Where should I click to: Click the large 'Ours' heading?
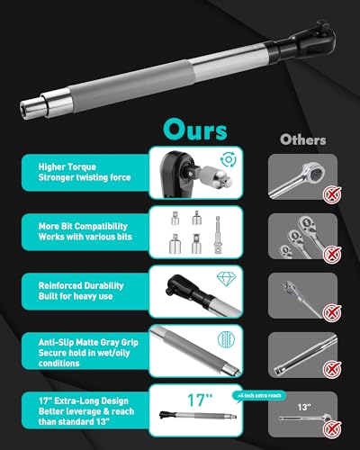click(195, 130)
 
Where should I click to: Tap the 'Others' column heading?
click(302, 139)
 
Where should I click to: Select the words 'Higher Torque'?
click(67, 167)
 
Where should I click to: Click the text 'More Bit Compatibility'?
click(83, 226)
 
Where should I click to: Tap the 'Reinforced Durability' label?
click(81, 285)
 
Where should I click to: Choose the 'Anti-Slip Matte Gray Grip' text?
click(88, 342)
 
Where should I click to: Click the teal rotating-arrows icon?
click(229, 159)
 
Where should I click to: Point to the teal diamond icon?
click(227, 279)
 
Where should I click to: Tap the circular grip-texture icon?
click(227, 339)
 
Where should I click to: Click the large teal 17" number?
click(200, 400)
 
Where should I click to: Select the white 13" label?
click(304, 407)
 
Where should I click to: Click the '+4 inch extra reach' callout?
click(259, 396)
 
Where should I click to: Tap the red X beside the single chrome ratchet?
click(331, 194)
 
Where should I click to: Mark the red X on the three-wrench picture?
click(331, 255)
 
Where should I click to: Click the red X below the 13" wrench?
click(331, 429)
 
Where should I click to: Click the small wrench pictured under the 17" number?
click(198, 416)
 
